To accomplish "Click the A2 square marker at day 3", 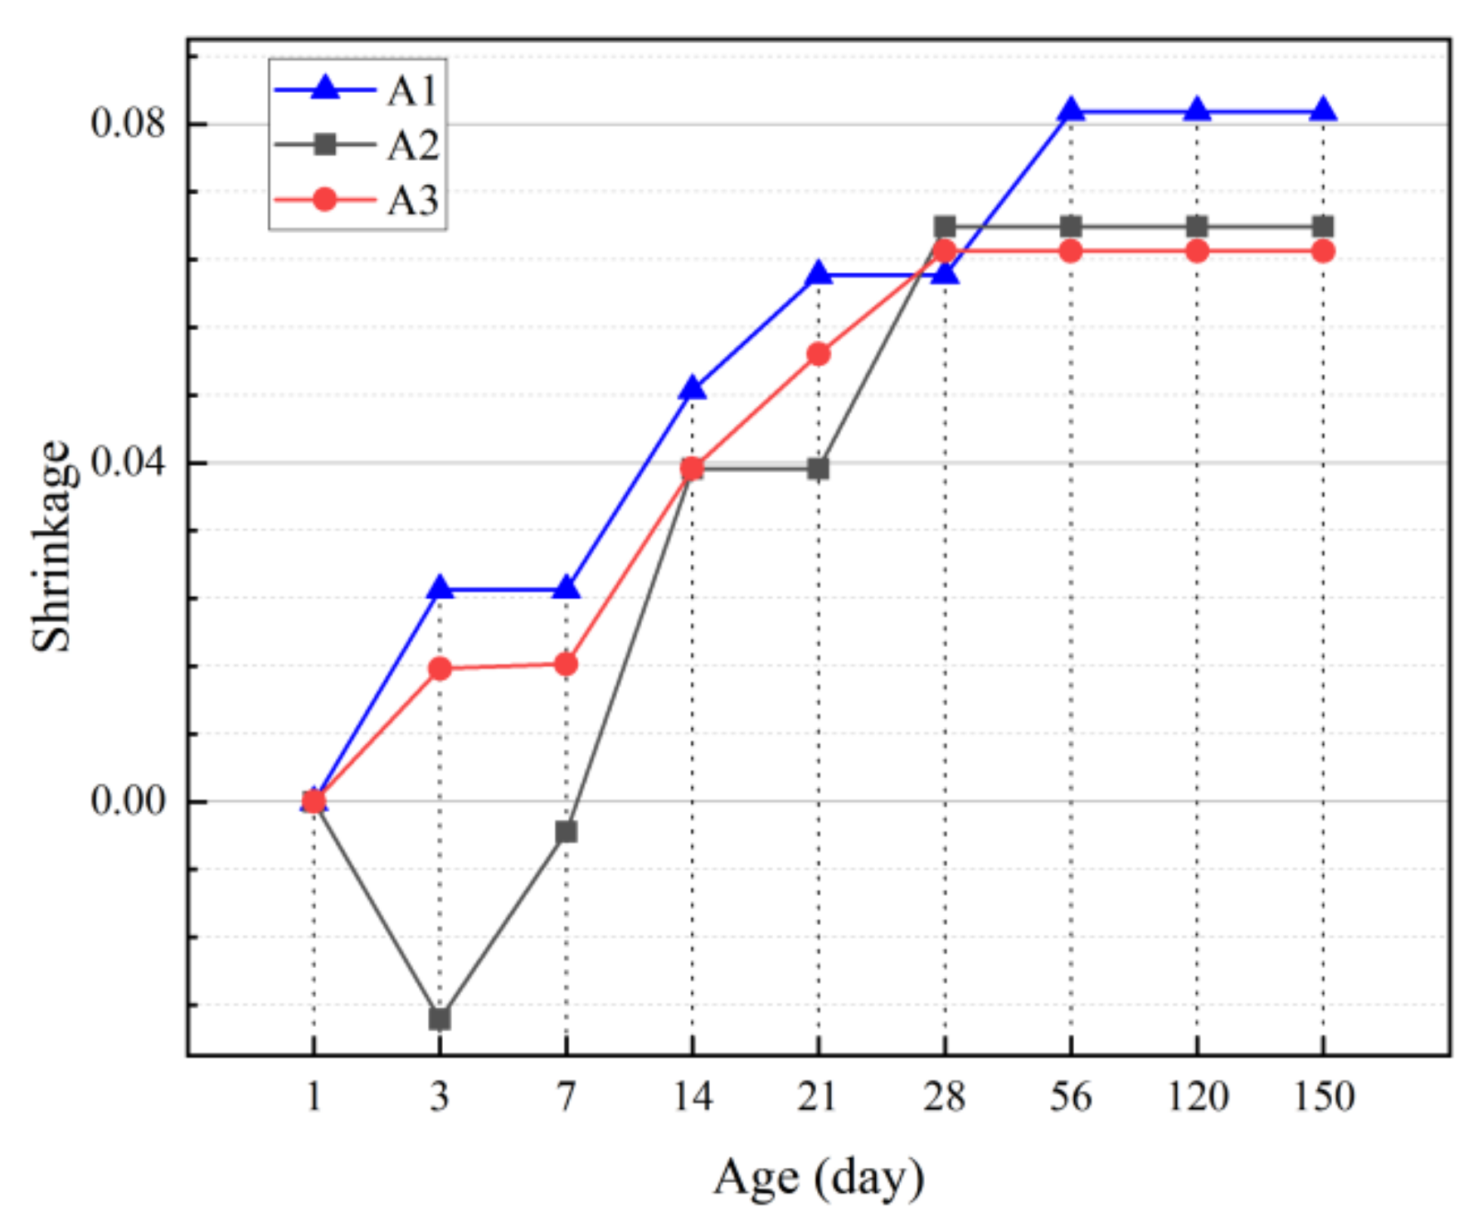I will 440,1018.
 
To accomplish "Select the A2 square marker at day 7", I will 566,831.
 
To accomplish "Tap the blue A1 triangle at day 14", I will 693,388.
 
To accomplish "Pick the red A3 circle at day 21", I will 819,354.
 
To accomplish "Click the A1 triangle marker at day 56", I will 1071,110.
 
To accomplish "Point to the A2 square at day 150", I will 1323,226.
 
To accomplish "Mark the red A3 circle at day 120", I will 1197,251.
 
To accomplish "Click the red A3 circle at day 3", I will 440,669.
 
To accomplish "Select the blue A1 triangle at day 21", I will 819,274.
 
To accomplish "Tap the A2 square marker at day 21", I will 819,469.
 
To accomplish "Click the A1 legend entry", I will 357,90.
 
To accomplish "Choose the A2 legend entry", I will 357,145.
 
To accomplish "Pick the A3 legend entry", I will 357,200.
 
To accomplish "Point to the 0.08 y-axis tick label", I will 128,124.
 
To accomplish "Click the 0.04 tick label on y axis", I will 128,462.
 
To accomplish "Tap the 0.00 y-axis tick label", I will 128,801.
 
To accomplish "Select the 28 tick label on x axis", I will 945,1097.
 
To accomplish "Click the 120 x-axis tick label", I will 1197,1097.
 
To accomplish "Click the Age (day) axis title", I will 819,1179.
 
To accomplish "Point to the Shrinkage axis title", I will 51,546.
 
